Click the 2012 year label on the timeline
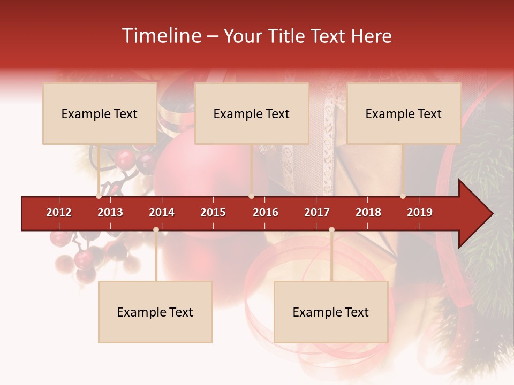pyautogui.click(x=59, y=212)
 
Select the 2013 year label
pyautogui.click(x=110, y=212)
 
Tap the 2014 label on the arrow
pyautogui.click(x=162, y=212)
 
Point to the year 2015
pyautogui.click(x=213, y=212)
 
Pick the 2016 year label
pyautogui.click(x=266, y=212)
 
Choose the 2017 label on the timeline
pyautogui.click(x=317, y=212)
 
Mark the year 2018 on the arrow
pyautogui.click(x=368, y=212)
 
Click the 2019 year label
pyautogui.click(x=420, y=212)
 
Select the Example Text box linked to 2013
pyautogui.click(x=100, y=113)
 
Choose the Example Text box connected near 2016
pyautogui.click(x=252, y=113)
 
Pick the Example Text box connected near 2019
pyautogui.click(x=404, y=113)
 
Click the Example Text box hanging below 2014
pyautogui.click(x=155, y=312)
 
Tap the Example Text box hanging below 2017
pyautogui.click(x=331, y=312)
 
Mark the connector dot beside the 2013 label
pyautogui.click(x=99, y=196)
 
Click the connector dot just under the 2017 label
pyautogui.click(x=331, y=230)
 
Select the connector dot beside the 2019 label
pyautogui.click(x=403, y=196)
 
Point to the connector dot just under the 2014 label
pyautogui.click(x=156, y=230)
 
